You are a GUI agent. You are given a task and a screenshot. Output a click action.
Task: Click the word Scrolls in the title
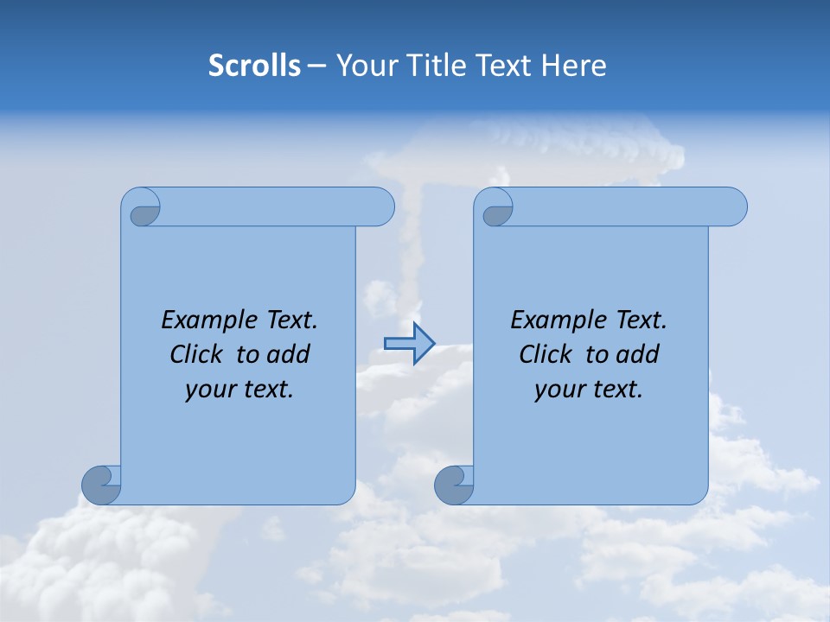click(x=254, y=66)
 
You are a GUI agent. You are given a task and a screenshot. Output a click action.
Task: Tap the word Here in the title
click(x=573, y=66)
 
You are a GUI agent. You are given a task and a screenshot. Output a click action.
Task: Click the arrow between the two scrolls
click(x=410, y=344)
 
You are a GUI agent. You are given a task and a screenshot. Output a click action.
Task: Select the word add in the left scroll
click(x=288, y=354)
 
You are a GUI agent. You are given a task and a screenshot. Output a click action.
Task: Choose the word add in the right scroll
click(x=637, y=354)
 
